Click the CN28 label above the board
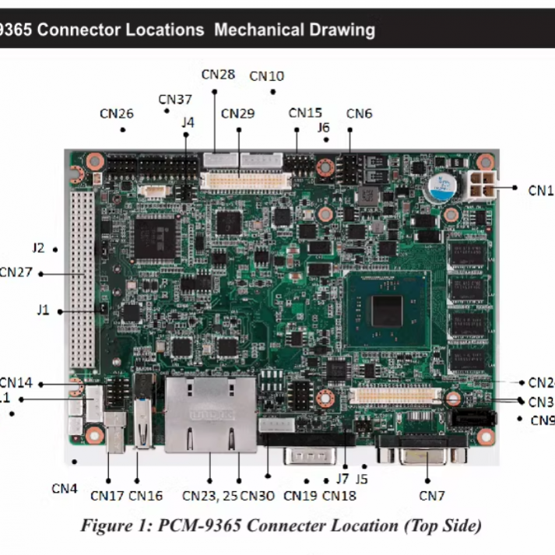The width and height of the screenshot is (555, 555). pyautogui.click(x=218, y=74)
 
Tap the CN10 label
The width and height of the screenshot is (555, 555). pyautogui.click(x=267, y=76)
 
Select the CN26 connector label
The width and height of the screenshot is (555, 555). pyautogui.click(x=117, y=114)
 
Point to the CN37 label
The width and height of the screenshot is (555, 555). pyautogui.click(x=175, y=99)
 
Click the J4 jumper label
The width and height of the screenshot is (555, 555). pyautogui.click(x=188, y=122)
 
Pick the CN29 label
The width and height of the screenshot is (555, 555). pyautogui.click(x=237, y=114)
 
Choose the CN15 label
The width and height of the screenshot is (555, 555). pyautogui.click(x=305, y=113)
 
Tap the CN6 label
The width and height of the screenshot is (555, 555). pyautogui.click(x=359, y=114)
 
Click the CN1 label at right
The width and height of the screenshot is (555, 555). pyautogui.click(x=540, y=189)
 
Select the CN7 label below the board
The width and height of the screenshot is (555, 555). pyautogui.click(x=432, y=495)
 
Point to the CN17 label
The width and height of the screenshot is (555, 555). pyautogui.click(x=107, y=495)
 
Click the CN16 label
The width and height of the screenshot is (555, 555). pyautogui.click(x=146, y=495)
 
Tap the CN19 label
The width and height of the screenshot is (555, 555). pyautogui.click(x=300, y=495)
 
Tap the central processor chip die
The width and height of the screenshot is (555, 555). pyautogui.click(x=387, y=311)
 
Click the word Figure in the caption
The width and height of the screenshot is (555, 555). pyautogui.click(x=104, y=525)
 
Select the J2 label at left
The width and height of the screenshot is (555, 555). pyautogui.click(x=38, y=248)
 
